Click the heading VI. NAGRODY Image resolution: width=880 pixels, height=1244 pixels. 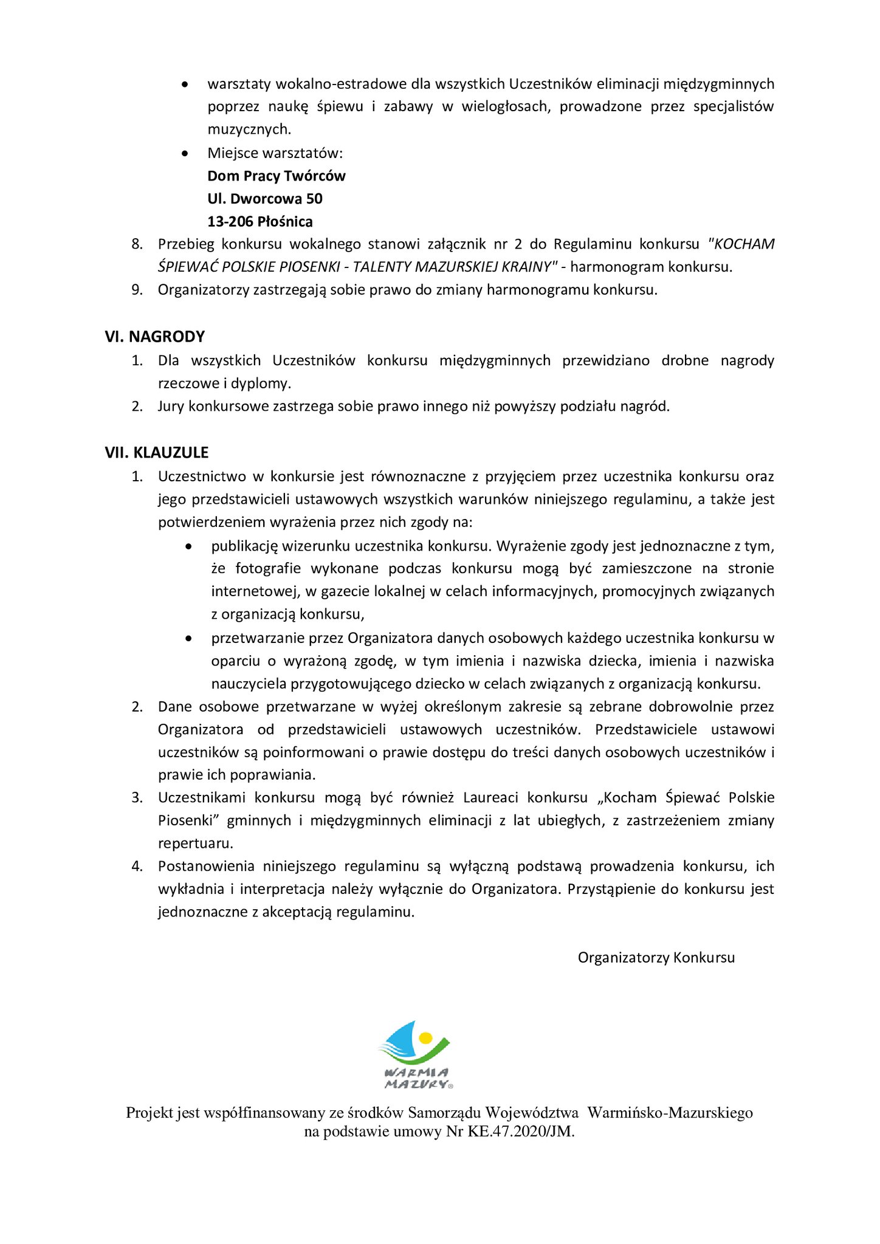point(154,337)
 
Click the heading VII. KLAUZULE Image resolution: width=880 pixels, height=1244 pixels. point(156,453)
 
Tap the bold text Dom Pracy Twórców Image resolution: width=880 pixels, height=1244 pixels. point(276,176)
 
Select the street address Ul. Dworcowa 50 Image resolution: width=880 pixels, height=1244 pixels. point(264,199)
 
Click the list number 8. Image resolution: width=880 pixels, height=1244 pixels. point(137,244)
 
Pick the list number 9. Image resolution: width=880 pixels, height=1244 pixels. point(137,290)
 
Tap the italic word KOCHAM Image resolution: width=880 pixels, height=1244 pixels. point(744,244)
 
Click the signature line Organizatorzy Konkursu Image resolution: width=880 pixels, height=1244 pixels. point(656,958)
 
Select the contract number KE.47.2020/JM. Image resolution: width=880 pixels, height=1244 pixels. point(520,1132)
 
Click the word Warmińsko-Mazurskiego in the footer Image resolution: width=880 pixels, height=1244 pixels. point(670,1113)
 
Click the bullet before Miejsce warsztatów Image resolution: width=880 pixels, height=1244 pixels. point(185,154)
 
